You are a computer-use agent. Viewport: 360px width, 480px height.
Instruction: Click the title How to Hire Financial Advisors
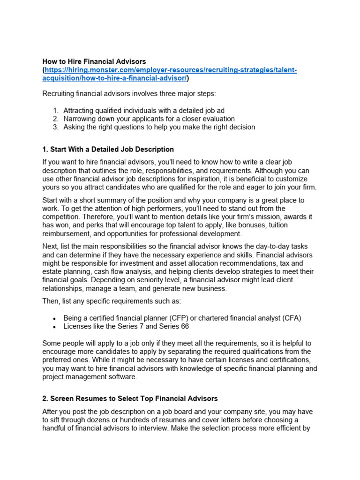pyautogui.click(x=94, y=61)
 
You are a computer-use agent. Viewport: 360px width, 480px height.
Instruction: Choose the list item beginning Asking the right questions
pyautogui.click(x=159, y=127)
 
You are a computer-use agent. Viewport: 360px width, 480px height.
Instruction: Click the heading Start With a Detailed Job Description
pyautogui.click(x=108, y=149)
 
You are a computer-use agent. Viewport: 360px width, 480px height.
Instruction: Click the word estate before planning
pyautogui.click(x=52, y=271)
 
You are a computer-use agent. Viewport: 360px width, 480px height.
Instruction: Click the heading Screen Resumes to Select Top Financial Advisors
pyautogui.click(x=130, y=398)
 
